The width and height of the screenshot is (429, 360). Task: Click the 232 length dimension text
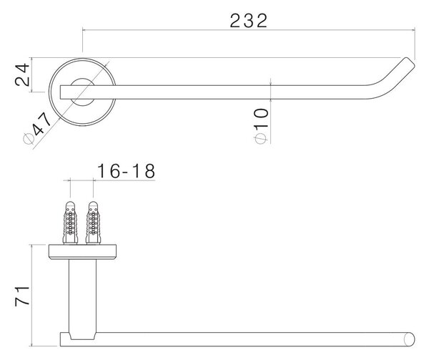click(248, 21)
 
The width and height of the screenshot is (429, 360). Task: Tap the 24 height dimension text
click(22, 74)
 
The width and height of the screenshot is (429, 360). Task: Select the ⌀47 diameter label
click(37, 128)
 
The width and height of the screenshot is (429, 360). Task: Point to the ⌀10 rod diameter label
click(261, 126)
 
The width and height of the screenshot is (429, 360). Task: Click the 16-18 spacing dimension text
click(126, 171)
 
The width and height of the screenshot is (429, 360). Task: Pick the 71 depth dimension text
click(22, 296)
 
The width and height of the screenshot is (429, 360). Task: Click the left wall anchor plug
click(70, 223)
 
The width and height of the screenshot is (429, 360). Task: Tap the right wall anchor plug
click(93, 223)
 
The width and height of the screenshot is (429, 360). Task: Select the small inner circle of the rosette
click(82, 79)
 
